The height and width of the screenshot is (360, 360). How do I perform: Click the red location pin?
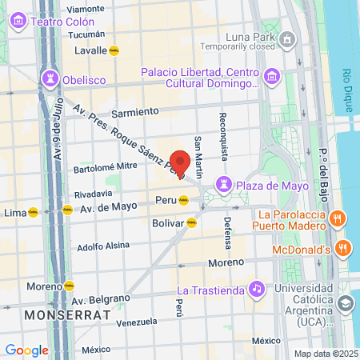click(181, 162)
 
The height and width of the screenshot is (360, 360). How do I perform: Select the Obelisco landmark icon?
click(49, 77)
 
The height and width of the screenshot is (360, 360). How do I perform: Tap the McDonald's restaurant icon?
click(344, 249)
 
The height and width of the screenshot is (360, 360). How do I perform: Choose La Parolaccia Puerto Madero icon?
click(338, 218)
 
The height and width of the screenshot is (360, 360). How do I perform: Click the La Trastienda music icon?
click(256, 288)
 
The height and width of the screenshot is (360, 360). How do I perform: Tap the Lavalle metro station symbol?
click(114, 50)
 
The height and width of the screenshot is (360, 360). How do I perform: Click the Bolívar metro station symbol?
click(191, 223)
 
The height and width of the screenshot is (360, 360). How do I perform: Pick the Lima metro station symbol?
click(33, 212)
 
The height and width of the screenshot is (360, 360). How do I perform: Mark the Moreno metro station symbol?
click(69, 286)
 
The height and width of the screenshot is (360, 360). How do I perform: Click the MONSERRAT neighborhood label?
click(67, 314)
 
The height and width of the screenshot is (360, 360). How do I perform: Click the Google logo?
click(26, 350)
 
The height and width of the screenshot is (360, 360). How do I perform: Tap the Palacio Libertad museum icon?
click(272, 77)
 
